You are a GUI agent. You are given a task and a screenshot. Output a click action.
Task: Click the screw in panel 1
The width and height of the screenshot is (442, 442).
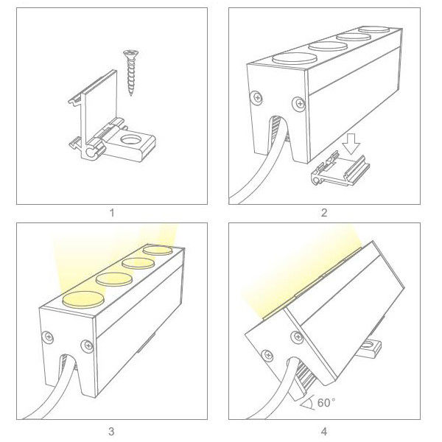click(x=131, y=72)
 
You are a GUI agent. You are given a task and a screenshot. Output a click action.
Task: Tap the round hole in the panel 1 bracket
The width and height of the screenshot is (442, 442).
click(x=131, y=140)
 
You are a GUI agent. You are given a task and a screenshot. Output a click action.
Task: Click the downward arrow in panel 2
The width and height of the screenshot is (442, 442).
click(x=351, y=144)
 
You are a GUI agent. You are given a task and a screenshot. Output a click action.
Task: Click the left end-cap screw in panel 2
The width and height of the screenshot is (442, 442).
click(x=257, y=98)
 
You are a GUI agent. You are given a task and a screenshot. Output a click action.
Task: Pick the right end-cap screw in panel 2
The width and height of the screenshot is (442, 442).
click(x=299, y=104)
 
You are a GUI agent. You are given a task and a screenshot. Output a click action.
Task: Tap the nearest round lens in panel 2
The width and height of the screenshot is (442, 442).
click(x=294, y=59)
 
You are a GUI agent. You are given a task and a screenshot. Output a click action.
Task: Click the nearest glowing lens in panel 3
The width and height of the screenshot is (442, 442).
click(x=83, y=299)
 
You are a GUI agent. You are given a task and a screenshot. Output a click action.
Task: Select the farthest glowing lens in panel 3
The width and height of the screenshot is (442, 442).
click(x=158, y=250)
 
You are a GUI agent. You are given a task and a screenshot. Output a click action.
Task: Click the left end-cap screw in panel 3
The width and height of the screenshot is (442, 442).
click(x=48, y=337)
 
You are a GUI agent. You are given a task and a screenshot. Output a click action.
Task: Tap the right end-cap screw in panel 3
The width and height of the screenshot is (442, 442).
click(x=87, y=346)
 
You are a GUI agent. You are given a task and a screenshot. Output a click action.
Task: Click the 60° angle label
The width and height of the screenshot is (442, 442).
click(x=326, y=402)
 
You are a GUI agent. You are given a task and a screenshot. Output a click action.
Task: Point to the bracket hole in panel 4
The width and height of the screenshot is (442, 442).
click(x=369, y=344)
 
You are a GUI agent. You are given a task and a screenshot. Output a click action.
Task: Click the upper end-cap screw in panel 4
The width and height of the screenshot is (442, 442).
click(x=297, y=337)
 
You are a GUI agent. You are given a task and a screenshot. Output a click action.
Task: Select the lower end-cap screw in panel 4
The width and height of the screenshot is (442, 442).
click(x=267, y=356)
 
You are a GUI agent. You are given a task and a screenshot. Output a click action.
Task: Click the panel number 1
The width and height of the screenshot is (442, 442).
click(x=112, y=213)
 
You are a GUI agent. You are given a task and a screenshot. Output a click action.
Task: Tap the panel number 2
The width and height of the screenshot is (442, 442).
click(x=324, y=213)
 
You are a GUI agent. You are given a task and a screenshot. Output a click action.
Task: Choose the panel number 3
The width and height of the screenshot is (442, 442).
click(x=111, y=431)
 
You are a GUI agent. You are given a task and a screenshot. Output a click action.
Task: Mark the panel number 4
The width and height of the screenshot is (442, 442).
click(x=324, y=431)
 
